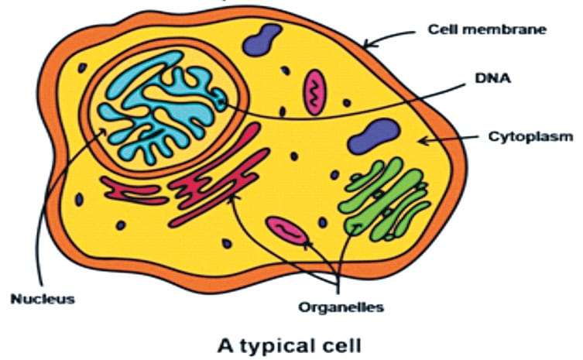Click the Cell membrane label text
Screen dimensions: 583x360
(487, 29)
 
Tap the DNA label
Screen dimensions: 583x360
(492, 78)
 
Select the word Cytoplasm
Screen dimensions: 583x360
(530, 137)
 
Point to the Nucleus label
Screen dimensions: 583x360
(43, 299)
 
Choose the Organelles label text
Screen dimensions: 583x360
(341, 307)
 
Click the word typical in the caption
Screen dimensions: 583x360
(278, 346)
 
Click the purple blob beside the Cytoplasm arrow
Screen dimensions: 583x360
(373, 136)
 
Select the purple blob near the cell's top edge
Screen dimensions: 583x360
(262, 39)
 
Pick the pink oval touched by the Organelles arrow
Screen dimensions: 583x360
(286, 231)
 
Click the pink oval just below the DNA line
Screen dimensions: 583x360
(314, 92)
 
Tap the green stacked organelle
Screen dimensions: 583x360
(385, 199)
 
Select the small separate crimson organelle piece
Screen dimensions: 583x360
(135, 190)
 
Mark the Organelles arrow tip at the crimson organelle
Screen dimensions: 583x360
(231, 196)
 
